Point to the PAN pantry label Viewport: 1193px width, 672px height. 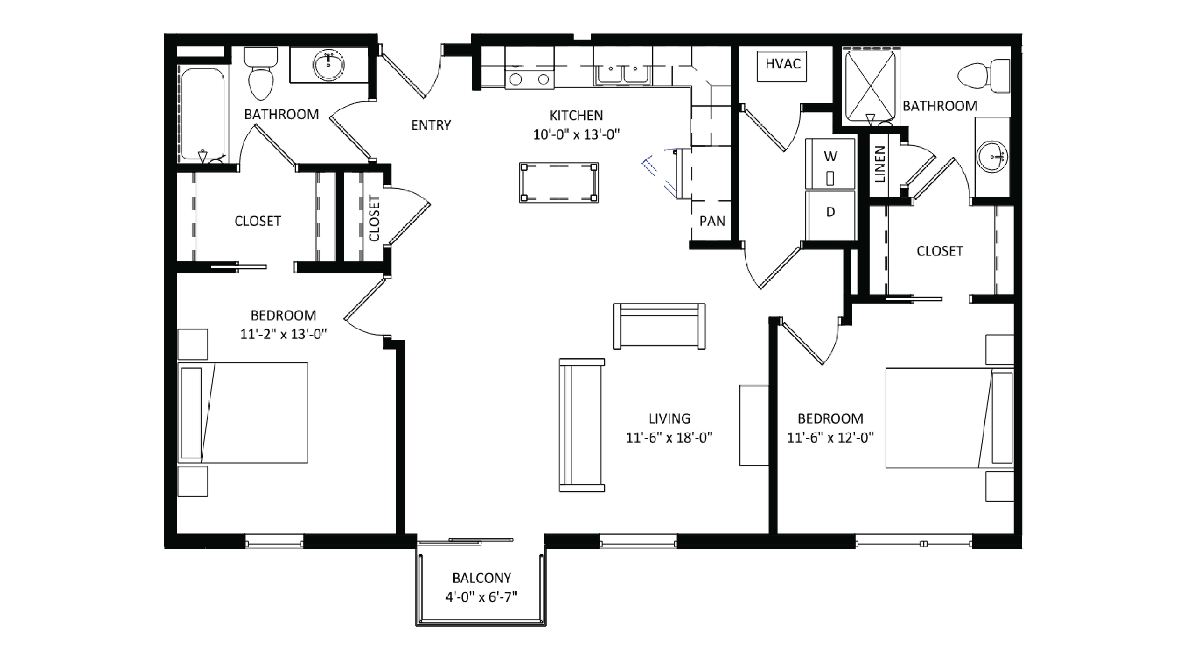coord(712,221)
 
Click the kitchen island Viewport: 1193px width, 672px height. coord(558,183)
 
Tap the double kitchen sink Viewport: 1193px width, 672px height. coord(623,74)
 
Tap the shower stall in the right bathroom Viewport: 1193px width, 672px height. coord(871,86)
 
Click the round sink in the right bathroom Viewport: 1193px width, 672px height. coord(992,157)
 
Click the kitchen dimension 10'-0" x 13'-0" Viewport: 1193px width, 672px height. coord(576,134)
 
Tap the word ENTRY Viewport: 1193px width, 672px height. coord(431,125)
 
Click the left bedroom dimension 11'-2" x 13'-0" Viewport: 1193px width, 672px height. coord(283,334)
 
